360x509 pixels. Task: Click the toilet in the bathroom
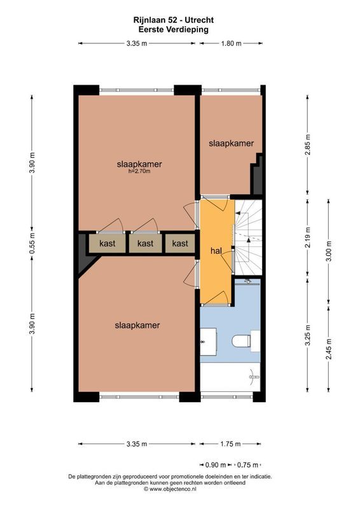point(242,342)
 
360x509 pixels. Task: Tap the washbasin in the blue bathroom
point(208,342)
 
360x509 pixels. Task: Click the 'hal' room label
point(216,251)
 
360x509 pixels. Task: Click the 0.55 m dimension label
point(32,242)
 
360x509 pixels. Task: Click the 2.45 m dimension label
point(329,347)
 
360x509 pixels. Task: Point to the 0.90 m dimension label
point(215,464)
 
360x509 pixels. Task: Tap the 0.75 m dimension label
point(248,464)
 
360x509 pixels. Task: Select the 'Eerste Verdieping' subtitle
point(173,29)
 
